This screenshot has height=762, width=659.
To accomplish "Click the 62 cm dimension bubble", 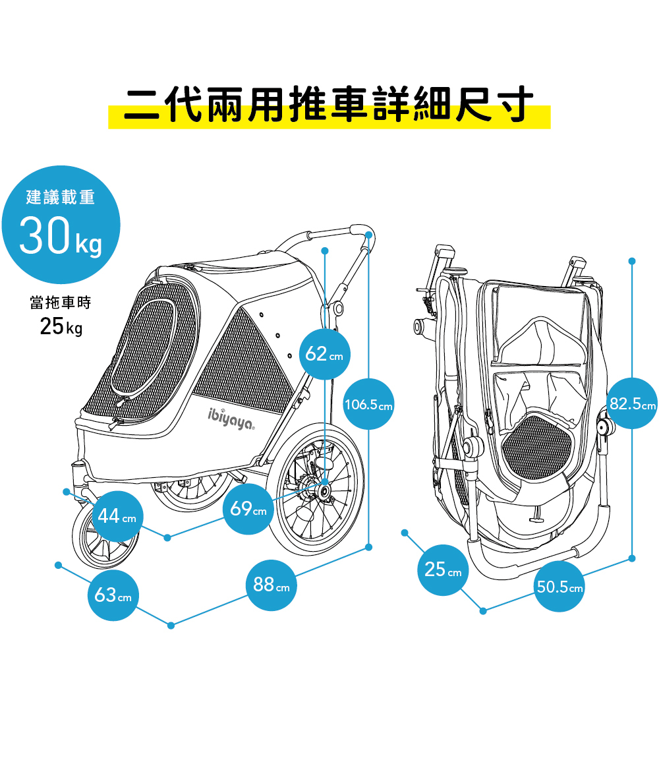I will tap(325, 354).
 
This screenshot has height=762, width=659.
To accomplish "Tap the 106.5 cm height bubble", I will tap(368, 404).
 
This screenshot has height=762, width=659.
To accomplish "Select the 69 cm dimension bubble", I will tap(248, 510).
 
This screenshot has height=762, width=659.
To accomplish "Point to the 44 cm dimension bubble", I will tap(116, 517).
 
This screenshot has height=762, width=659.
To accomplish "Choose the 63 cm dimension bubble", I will tap(113, 595).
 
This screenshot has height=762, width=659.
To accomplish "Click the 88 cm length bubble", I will tap(271, 585).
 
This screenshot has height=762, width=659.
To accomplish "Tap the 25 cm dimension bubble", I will tap(443, 570).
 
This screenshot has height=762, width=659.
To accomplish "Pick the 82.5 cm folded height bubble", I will tap(632, 403).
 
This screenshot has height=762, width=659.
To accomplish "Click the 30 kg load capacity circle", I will tap(61, 225).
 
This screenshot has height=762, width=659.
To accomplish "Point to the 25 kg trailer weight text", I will tap(61, 326).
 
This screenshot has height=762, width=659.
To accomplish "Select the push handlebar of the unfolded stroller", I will tap(329, 233).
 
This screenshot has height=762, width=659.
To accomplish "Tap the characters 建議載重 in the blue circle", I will tap(61, 196).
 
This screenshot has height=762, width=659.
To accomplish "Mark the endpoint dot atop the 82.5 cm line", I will tap(632, 261).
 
